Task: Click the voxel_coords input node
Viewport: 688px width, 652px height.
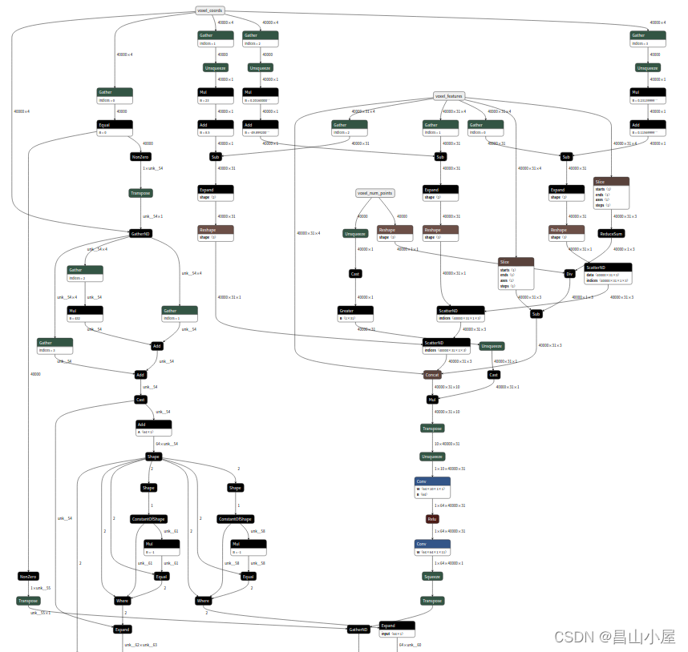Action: point(210,10)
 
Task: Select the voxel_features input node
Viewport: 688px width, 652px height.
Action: point(449,96)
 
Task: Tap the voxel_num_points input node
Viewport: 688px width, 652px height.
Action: point(374,193)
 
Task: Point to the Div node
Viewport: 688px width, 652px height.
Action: point(569,273)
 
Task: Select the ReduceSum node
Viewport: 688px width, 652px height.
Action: point(611,234)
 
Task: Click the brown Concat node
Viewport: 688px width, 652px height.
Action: point(432,374)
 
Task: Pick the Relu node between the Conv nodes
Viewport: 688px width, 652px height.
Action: point(431,518)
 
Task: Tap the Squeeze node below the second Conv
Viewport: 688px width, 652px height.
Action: point(431,576)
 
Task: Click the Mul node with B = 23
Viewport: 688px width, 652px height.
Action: point(215,96)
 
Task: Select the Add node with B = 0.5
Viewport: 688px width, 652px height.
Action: point(215,128)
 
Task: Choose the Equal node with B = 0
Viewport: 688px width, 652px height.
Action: point(114,128)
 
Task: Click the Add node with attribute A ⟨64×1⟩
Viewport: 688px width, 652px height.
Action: point(152,428)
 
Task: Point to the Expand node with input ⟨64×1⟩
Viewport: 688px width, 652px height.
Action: point(396,629)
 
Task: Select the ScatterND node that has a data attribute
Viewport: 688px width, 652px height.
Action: point(607,272)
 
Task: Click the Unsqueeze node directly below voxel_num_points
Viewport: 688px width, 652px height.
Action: point(354,233)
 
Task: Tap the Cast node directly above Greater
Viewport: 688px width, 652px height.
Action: point(354,273)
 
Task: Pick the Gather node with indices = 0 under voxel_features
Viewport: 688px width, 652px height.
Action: point(487,128)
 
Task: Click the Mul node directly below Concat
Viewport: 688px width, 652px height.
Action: point(431,399)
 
